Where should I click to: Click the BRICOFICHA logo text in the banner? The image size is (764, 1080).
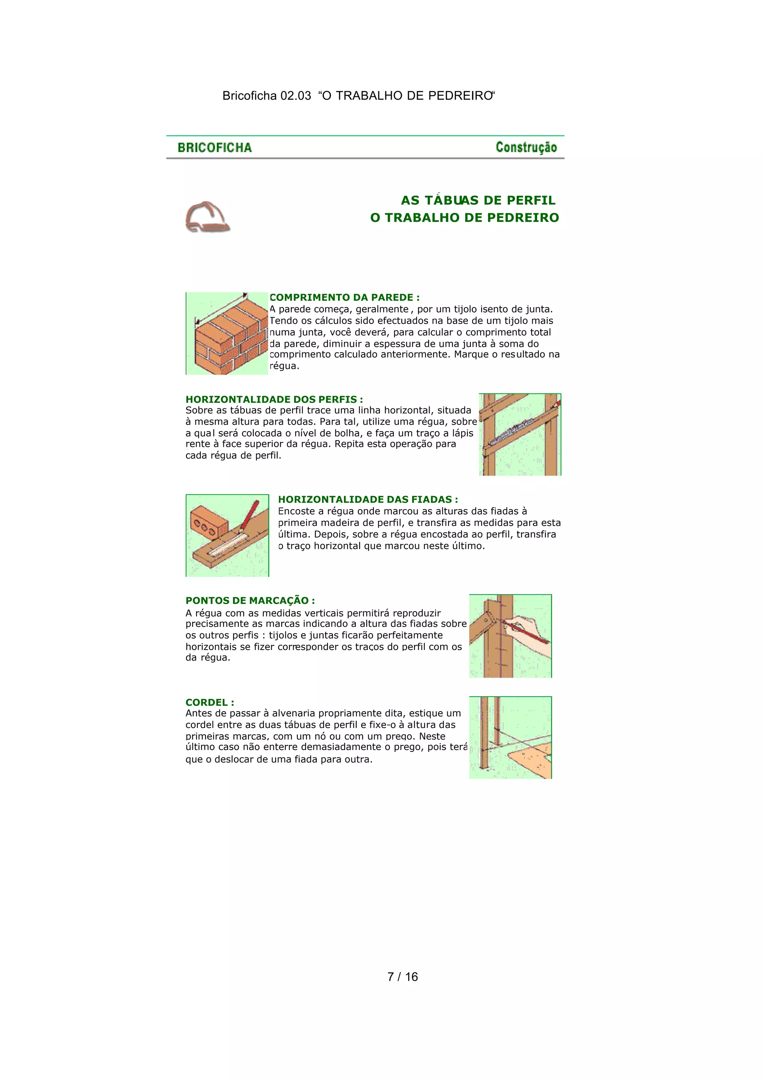(215, 148)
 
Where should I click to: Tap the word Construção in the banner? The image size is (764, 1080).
(526, 147)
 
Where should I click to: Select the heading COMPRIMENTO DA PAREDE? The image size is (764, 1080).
(344, 298)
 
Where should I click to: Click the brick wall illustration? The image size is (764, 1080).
(228, 335)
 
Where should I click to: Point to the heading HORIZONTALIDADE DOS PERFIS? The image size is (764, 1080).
(274, 399)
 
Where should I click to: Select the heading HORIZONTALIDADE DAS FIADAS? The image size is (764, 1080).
(368, 499)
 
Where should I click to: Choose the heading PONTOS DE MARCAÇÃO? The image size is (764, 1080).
(250, 600)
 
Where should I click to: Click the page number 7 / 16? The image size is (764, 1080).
(402, 977)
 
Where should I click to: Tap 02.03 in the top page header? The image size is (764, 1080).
(295, 96)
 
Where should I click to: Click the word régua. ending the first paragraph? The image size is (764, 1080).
(284, 366)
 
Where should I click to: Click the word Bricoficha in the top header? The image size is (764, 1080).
(249, 96)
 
